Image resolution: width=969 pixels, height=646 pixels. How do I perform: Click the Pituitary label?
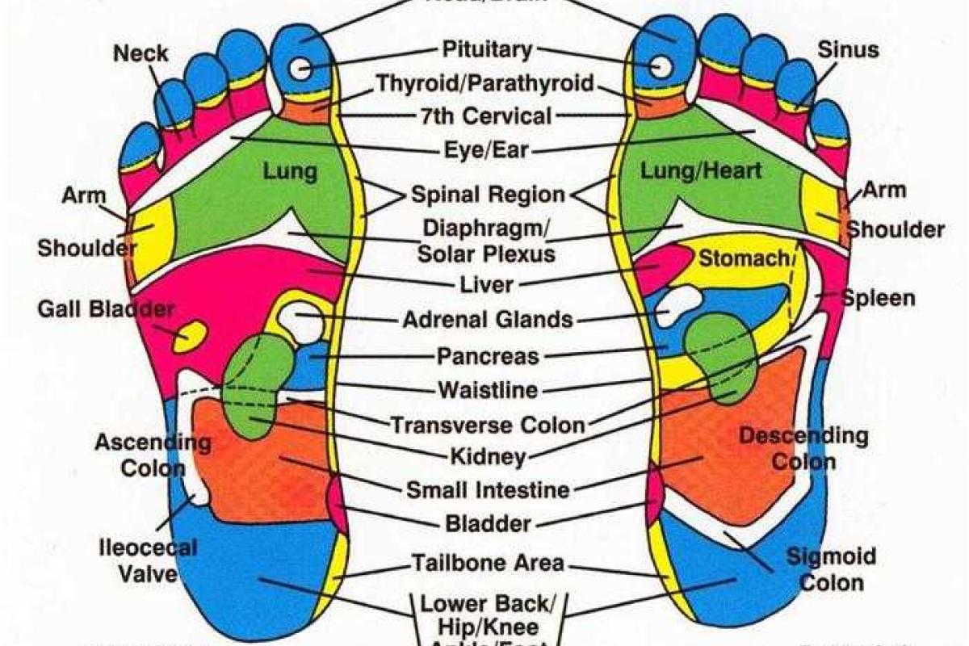(x=487, y=49)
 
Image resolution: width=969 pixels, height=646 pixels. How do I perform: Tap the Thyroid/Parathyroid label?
(x=485, y=82)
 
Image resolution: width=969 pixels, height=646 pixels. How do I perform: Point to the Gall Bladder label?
(x=105, y=309)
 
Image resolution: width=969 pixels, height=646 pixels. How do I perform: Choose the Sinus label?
(x=848, y=50)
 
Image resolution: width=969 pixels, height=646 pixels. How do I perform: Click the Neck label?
(x=141, y=54)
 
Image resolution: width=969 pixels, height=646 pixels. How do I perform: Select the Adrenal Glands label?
(x=488, y=319)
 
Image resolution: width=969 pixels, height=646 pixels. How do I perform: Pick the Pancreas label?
(x=488, y=355)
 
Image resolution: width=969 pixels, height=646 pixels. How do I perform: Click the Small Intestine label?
(x=487, y=489)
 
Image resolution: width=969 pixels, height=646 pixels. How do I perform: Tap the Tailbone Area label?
(x=488, y=562)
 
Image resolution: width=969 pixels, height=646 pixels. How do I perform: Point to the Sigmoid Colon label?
(x=831, y=569)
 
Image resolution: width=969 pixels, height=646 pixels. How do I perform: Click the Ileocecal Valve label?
(x=148, y=560)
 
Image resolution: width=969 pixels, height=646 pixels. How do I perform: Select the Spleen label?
(x=879, y=298)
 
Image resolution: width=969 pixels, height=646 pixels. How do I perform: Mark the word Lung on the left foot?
(x=290, y=171)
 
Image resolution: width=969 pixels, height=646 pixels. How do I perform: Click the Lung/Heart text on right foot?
(x=701, y=171)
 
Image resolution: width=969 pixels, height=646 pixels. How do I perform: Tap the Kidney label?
(x=488, y=457)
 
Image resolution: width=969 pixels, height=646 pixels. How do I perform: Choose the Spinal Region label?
(x=488, y=195)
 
